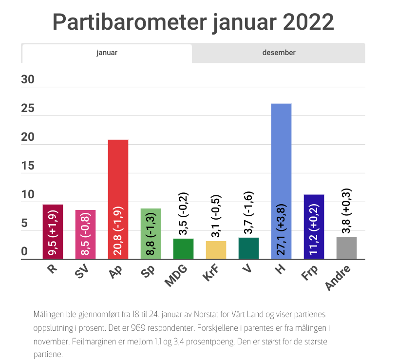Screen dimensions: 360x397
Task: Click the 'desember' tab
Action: [279, 53]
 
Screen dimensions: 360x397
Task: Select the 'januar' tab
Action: [107, 53]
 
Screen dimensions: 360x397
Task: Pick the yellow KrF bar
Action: [216, 250]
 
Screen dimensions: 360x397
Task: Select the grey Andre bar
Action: [346, 248]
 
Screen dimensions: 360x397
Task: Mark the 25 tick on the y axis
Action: [28, 108]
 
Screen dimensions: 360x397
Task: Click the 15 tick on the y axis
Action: [28, 166]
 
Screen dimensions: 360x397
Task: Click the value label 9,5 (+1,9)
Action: [53, 232]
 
